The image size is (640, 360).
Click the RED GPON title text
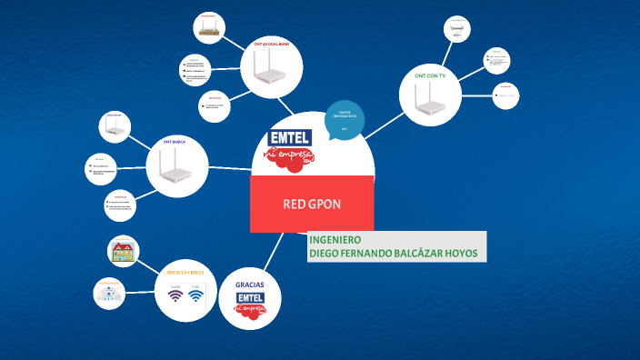(312, 204)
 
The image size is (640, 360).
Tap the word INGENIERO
(335, 240)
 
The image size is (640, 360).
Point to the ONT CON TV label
(430, 76)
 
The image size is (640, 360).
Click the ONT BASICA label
(174, 143)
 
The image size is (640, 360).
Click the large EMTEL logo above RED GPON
(290, 137)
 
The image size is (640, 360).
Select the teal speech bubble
(345, 121)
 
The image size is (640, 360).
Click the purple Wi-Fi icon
(175, 296)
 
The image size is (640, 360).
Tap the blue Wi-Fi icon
(195, 296)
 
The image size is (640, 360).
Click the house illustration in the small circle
(123, 251)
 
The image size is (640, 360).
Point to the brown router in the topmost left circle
(208, 29)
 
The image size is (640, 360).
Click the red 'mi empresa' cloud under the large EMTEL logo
(290, 158)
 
